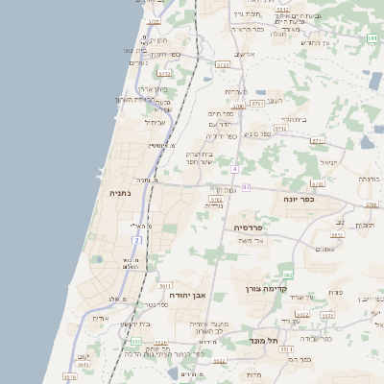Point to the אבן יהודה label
pyautogui.click(x=187, y=295)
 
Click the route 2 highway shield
pyautogui.click(x=137, y=239)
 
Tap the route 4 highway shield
pyautogui.click(x=233, y=168)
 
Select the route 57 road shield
pyautogui.click(x=246, y=187)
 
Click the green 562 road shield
pyautogui.click(x=288, y=275)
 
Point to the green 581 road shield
pyautogui.click(x=371, y=37)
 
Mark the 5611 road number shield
pyautogui.click(x=165, y=286)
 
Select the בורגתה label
pyautogui.click(x=370, y=179)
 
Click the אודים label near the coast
pyautogui.click(x=100, y=318)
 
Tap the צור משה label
pyautogui.click(x=252, y=240)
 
